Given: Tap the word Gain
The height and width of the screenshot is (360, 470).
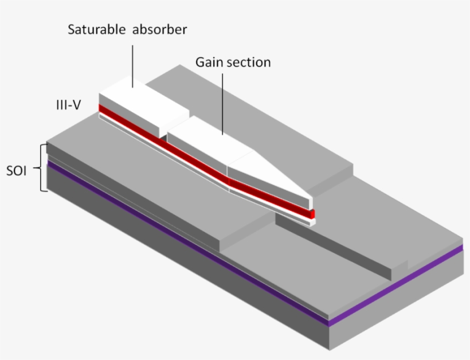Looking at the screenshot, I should click(207, 62).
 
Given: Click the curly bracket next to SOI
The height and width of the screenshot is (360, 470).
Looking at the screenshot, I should click(41, 167).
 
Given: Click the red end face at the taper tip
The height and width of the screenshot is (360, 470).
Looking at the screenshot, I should click(313, 214).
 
